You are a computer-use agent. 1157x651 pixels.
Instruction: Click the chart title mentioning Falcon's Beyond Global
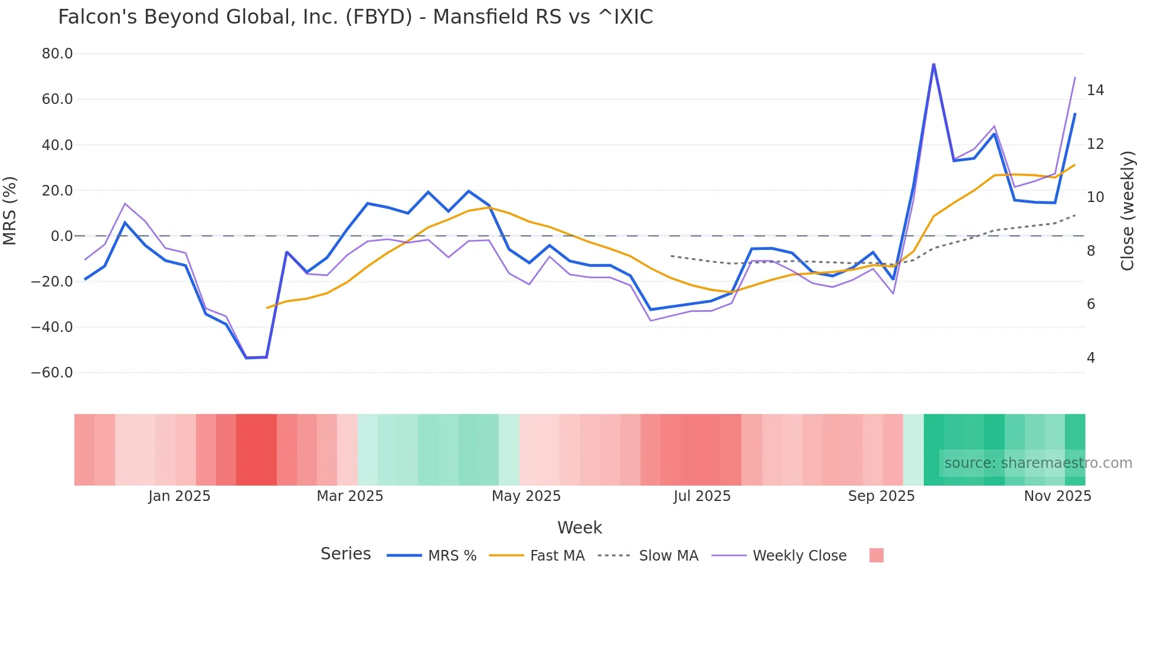point(355,17)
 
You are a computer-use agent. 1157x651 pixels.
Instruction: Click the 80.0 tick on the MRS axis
point(57,54)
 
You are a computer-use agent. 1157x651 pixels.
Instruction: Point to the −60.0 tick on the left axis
point(52,373)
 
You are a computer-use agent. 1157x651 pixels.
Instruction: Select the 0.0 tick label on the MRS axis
point(61,236)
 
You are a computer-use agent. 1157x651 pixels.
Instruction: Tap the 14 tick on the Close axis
point(1095,90)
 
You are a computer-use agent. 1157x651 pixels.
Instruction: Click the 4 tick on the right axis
point(1091,358)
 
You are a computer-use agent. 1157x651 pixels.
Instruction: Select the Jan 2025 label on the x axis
point(179,496)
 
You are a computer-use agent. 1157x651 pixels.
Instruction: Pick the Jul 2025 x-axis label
point(702,496)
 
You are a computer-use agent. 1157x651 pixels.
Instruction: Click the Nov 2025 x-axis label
point(1057,496)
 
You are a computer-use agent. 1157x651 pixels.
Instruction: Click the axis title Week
point(579,528)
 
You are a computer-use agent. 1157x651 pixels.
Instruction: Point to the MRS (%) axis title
point(10,210)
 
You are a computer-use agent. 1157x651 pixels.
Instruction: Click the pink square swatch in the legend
point(876,555)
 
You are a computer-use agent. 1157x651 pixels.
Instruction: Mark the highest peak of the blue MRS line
point(933,64)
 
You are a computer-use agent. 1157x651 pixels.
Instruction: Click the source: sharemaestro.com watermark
point(1038,463)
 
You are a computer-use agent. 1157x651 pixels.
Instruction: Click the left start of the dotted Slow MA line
point(671,256)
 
